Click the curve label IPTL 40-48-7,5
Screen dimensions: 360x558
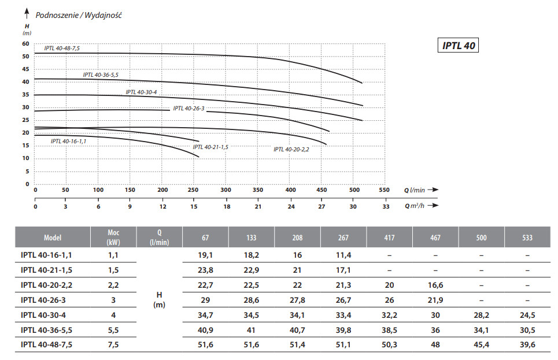coord(62,49)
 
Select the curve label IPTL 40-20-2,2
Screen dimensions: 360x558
coord(291,149)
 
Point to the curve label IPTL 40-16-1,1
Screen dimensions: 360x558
coord(68,141)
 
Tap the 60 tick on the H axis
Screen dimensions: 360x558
coord(25,44)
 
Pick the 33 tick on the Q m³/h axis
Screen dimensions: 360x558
coord(385,206)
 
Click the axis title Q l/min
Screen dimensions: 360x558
coord(414,190)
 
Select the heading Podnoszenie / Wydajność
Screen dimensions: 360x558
coord(79,15)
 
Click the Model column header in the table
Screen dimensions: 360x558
coord(52,237)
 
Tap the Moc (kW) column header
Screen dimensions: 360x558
coord(114,237)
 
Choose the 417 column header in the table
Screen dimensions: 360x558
coord(389,237)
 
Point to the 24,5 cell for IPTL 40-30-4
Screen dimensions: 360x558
coord(527,316)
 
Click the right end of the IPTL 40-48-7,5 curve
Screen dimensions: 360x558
coord(362,83)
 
